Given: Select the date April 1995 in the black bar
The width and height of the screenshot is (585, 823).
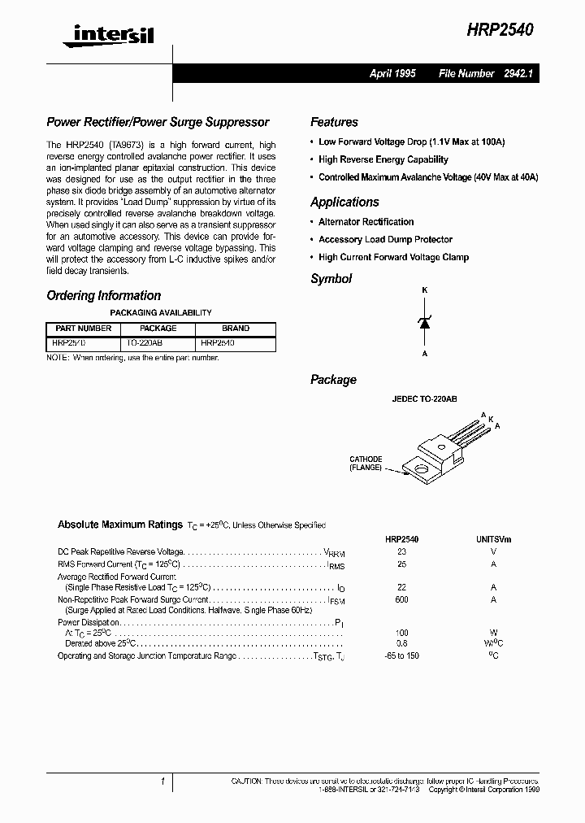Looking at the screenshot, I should click(392, 73).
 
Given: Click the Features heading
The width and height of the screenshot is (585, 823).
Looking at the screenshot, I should click(334, 122).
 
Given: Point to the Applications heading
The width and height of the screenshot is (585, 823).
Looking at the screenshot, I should click(344, 202).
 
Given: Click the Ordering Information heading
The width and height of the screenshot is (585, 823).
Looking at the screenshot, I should click(103, 296).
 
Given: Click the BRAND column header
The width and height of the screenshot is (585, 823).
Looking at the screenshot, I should click(236, 329).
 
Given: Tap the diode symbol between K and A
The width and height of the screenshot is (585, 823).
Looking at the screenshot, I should click(423, 322).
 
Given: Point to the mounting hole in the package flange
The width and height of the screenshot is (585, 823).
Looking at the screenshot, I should click(422, 468).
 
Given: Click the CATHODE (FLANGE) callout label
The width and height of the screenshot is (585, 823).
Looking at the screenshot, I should click(366, 464).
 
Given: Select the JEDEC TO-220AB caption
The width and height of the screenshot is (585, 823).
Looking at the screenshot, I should click(425, 399).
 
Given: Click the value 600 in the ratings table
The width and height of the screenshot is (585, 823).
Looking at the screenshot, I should click(401, 599).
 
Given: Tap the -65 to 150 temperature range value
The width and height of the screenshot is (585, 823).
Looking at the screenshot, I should click(401, 655).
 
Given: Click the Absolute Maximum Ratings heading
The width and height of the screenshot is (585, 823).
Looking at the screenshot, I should click(119, 525).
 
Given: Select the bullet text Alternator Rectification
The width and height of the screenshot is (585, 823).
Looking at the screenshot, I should click(366, 222).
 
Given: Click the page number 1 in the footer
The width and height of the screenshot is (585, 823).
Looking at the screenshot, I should click(163, 782).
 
